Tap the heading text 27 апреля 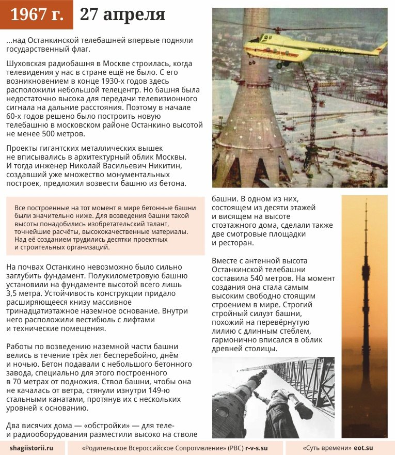point(123,15)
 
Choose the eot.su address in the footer point(364,447)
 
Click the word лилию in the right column point(223,331)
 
